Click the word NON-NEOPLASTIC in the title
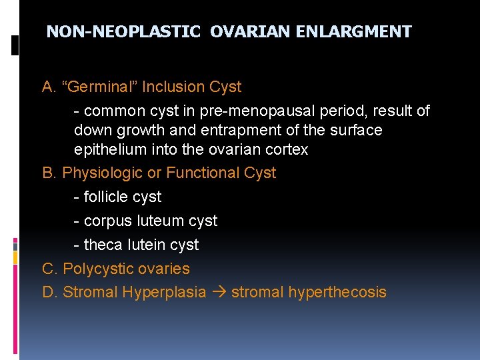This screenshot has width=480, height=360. pyautogui.click(x=123, y=32)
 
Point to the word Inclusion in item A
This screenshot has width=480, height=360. pyautogui.click(x=175, y=87)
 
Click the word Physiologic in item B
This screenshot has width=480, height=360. pyautogui.click(x=102, y=173)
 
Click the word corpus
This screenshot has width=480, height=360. pyautogui.click(x=107, y=221)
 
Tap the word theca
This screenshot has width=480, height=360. pyautogui.click(x=103, y=245)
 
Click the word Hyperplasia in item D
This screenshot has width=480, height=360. pyautogui.click(x=164, y=293)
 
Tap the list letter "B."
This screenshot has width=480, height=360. pyautogui.click(x=49, y=173)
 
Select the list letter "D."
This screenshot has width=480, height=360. pyautogui.click(x=50, y=293)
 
